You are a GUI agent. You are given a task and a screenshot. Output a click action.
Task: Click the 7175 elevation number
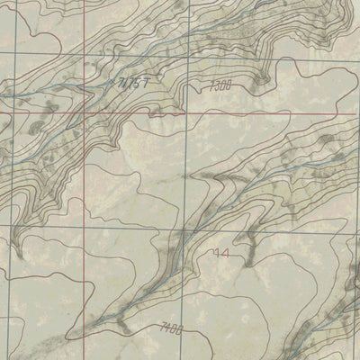[130, 84]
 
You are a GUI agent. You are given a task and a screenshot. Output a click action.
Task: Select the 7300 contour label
[220, 85]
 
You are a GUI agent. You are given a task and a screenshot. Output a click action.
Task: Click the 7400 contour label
[169, 328]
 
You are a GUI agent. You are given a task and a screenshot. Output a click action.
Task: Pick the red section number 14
[220, 255]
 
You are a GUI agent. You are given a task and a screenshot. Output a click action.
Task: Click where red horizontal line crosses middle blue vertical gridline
[183, 114]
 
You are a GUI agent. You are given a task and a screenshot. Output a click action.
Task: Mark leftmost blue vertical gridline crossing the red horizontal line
[14, 114]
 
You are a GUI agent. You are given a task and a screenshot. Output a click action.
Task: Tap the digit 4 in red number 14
[224, 255]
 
